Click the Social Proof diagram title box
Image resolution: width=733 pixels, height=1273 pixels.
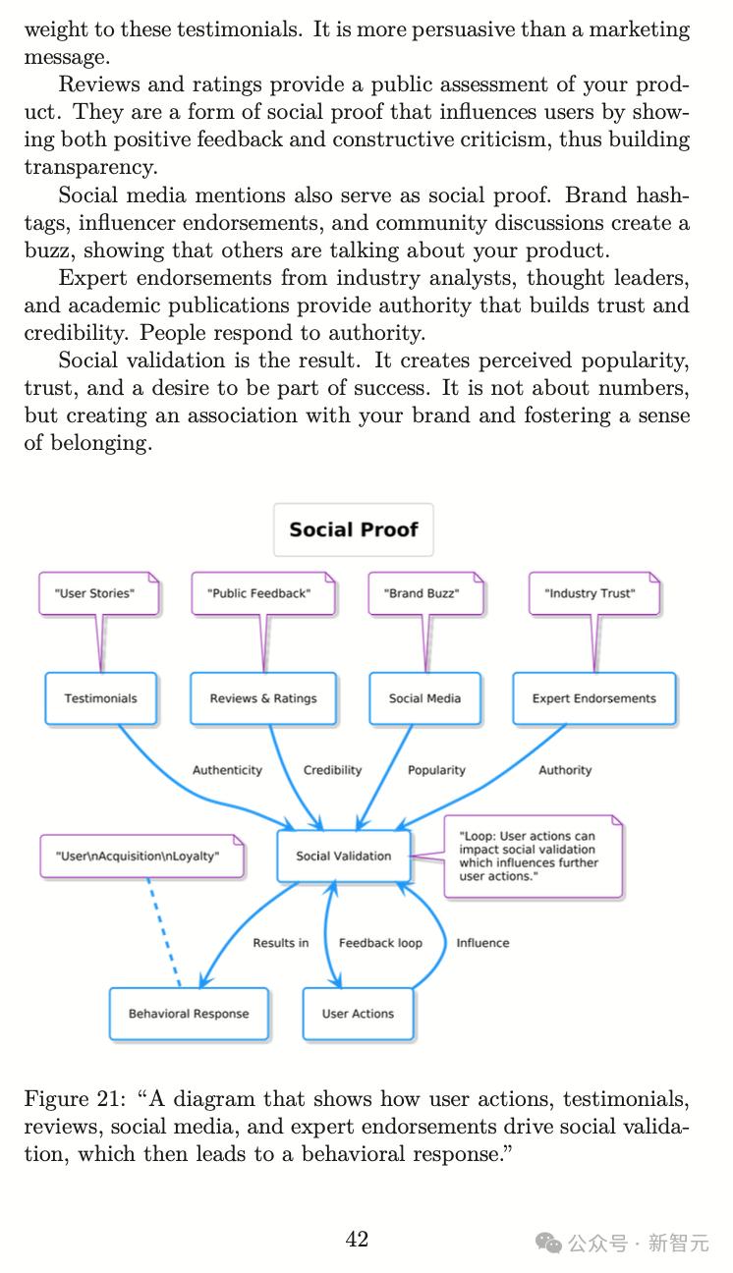click(353, 529)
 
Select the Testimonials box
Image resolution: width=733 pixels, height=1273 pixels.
click(100, 698)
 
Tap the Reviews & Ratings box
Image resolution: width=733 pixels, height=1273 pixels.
click(263, 698)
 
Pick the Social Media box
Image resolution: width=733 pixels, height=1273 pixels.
click(424, 698)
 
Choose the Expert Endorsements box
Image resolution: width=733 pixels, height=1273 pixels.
click(593, 698)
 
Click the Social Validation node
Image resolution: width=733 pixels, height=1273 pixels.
click(343, 856)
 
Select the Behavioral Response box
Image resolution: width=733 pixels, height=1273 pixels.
click(189, 1014)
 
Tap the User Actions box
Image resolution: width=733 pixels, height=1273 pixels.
click(358, 1014)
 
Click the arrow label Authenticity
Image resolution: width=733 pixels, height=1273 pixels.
click(227, 770)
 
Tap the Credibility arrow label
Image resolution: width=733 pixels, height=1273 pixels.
click(332, 770)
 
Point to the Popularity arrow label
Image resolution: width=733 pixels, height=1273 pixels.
click(436, 770)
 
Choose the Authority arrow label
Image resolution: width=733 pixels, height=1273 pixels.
click(565, 770)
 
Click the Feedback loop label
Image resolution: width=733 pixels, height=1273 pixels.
click(380, 943)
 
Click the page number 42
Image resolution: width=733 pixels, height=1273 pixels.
click(357, 1240)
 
